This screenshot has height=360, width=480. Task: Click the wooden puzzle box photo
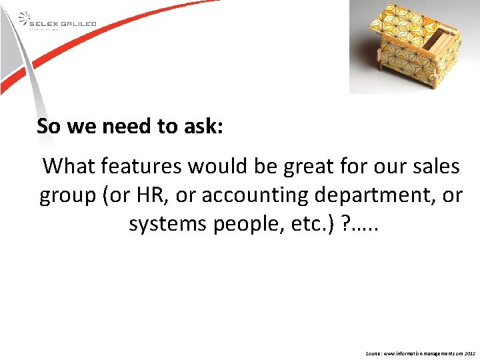click(413, 47)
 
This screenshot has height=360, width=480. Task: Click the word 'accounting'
click(259, 195)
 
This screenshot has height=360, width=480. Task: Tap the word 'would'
click(241, 165)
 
